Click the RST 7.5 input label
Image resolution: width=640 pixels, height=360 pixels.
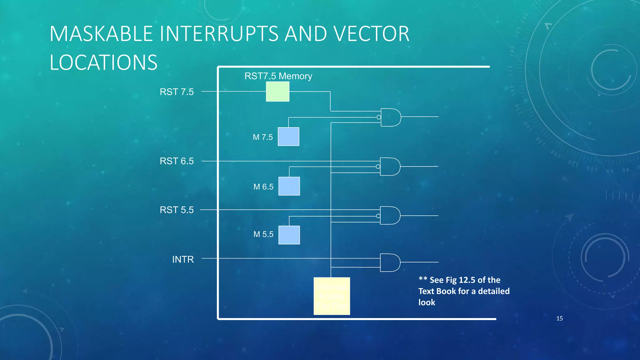177,92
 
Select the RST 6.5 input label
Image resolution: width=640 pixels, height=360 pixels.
177,161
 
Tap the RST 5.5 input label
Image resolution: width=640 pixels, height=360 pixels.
177,210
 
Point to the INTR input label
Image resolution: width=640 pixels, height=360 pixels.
183,259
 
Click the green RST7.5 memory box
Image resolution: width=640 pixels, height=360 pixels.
277,92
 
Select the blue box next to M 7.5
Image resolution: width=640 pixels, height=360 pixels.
288,137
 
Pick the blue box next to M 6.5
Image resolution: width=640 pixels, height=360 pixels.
289,186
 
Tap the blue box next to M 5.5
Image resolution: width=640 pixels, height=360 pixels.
289,235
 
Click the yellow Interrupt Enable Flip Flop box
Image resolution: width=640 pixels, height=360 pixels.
332,296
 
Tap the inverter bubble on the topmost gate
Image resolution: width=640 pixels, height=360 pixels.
379,117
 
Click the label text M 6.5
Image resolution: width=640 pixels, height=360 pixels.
263,187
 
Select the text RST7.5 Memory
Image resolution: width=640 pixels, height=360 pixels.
278,76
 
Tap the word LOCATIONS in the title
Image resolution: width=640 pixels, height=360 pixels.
103,62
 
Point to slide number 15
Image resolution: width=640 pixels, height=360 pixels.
559,318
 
